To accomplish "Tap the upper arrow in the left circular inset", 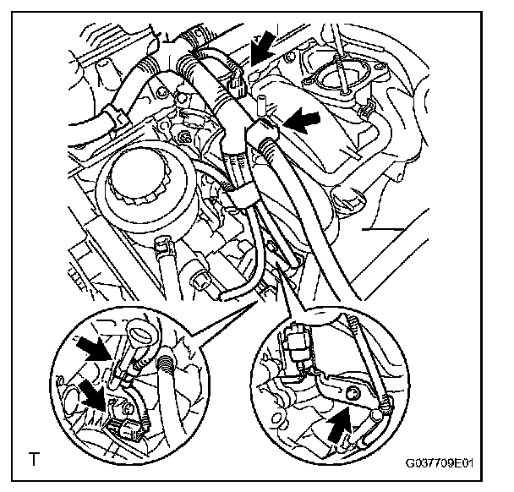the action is pos(95,348).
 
